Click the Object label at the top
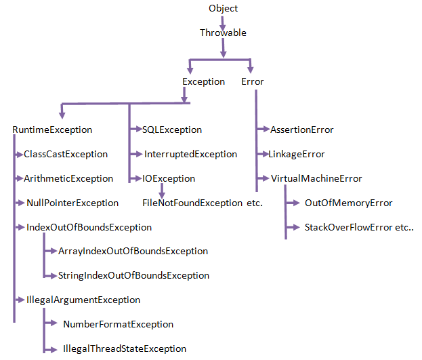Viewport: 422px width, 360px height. (x=224, y=9)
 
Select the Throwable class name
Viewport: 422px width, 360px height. (x=223, y=33)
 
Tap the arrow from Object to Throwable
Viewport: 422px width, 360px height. (x=223, y=21)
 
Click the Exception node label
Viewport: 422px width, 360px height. (x=203, y=82)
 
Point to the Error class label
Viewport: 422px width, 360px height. (x=253, y=82)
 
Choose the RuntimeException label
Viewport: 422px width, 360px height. (x=52, y=129)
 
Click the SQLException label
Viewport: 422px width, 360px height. (x=172, y=129)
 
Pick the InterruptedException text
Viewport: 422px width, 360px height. (x=190, y=155)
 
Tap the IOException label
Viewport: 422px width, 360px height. (x=169, y=179)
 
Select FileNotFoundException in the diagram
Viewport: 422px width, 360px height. (x=192, y=203)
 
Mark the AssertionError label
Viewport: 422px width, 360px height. (x=302, y=129)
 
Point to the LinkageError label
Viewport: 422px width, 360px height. (x=297, y=155)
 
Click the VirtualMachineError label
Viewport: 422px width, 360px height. (x=316, y=179)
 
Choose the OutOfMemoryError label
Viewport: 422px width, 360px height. (x=348, y=203)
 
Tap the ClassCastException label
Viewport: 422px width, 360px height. (x=66, y=155)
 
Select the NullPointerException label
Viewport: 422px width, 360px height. (x=72, y=203)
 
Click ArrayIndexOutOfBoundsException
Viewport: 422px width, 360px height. (x=133, y=251)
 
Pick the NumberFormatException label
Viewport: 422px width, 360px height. (x=118, y=324)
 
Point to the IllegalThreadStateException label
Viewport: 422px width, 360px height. (x=124, y=348)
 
